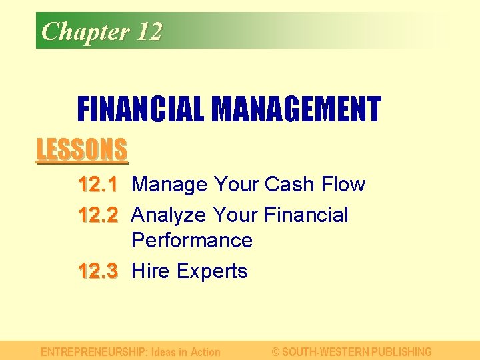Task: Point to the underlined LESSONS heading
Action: tap(81, 149)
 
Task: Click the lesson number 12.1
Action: tap(98, 184)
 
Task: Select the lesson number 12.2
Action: tap(98, 215)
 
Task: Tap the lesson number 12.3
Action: tap(98, 271)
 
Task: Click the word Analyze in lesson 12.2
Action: tap(169, 215)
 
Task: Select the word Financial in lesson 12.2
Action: tap(306, 215)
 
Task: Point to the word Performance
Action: tap(192, 240)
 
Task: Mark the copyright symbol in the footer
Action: tap(276, 351)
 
